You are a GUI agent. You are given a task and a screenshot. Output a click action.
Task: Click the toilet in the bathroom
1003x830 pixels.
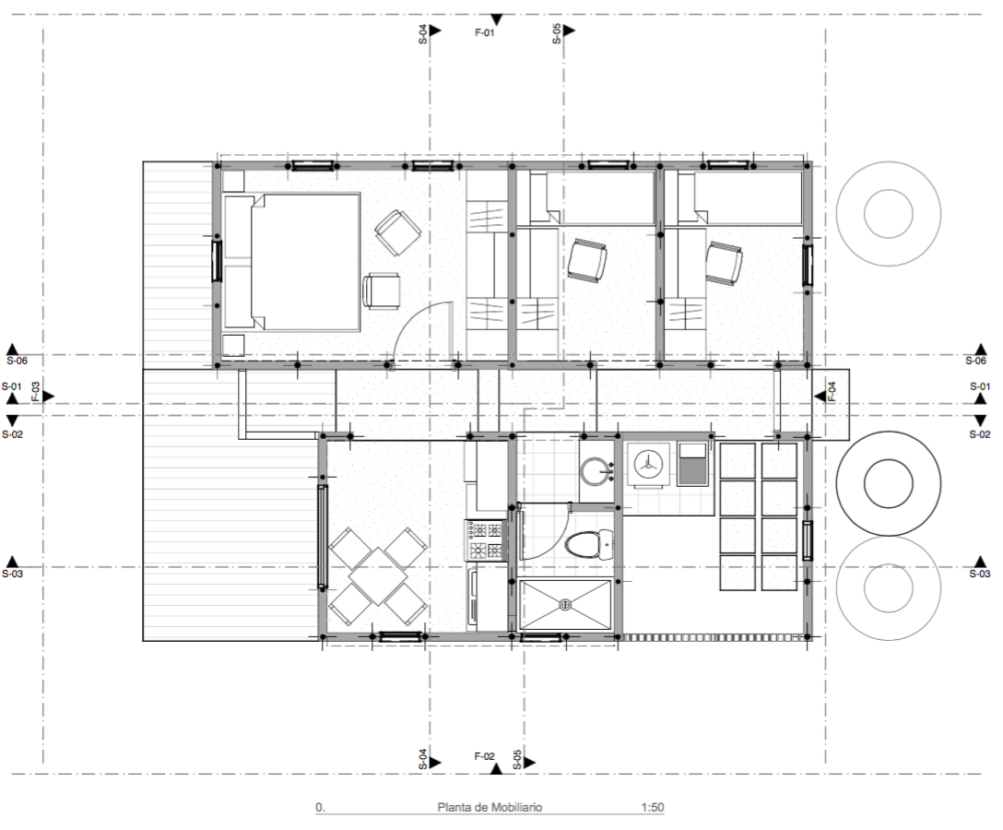[590, 544]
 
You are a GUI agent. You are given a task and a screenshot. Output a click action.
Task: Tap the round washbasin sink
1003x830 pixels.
[596, 471]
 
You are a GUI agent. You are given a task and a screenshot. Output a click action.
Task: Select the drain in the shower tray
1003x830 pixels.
[565, 604]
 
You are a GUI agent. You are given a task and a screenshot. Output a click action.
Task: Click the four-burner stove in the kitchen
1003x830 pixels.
[485, 539]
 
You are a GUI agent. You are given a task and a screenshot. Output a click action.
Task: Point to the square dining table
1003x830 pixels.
[378, 576]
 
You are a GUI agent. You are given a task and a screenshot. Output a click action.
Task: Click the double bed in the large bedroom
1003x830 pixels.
[292, 262]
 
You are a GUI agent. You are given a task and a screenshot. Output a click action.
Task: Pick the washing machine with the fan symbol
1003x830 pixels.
[648, 465]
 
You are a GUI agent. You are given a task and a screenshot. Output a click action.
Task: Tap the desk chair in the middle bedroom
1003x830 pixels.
[586, 260]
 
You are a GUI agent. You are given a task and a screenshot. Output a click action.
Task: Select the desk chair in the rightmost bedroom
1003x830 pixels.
[724, 263]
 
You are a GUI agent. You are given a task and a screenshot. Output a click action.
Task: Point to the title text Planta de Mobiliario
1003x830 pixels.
[490, 807]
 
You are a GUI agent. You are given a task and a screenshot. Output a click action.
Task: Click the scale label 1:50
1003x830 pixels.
[653, 807]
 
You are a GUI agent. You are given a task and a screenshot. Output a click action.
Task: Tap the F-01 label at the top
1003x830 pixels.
[484, 32]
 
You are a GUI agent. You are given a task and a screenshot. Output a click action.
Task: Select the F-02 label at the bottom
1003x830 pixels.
[484, 756]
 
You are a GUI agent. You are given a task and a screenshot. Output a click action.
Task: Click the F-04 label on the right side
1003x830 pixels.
[832, 391]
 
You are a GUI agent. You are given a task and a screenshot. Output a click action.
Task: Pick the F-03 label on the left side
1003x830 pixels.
[36, 391]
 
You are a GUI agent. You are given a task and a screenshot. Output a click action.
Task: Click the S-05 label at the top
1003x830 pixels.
[557, 34]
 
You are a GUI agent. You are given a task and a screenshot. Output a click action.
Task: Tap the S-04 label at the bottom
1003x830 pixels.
[423, 759]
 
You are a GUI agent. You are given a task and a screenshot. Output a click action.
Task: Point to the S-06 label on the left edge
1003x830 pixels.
[18, 361]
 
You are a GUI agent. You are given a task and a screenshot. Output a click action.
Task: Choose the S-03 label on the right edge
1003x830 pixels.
[979, 574]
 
